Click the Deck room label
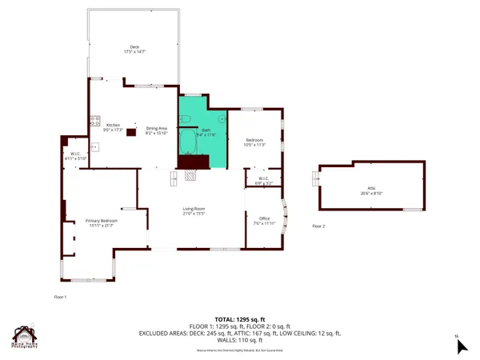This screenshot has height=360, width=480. tap(135, 46)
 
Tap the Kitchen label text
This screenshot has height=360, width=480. tap(113, 125)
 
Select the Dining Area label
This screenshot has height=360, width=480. tap(156, 128)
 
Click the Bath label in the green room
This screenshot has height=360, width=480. tap(206, 130)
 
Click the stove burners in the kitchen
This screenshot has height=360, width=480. tap(95, 122)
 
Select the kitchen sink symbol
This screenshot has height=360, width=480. tap(94, 146)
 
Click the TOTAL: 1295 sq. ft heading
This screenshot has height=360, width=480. tap(240, 319)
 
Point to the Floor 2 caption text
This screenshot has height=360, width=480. tap(318, 227)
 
